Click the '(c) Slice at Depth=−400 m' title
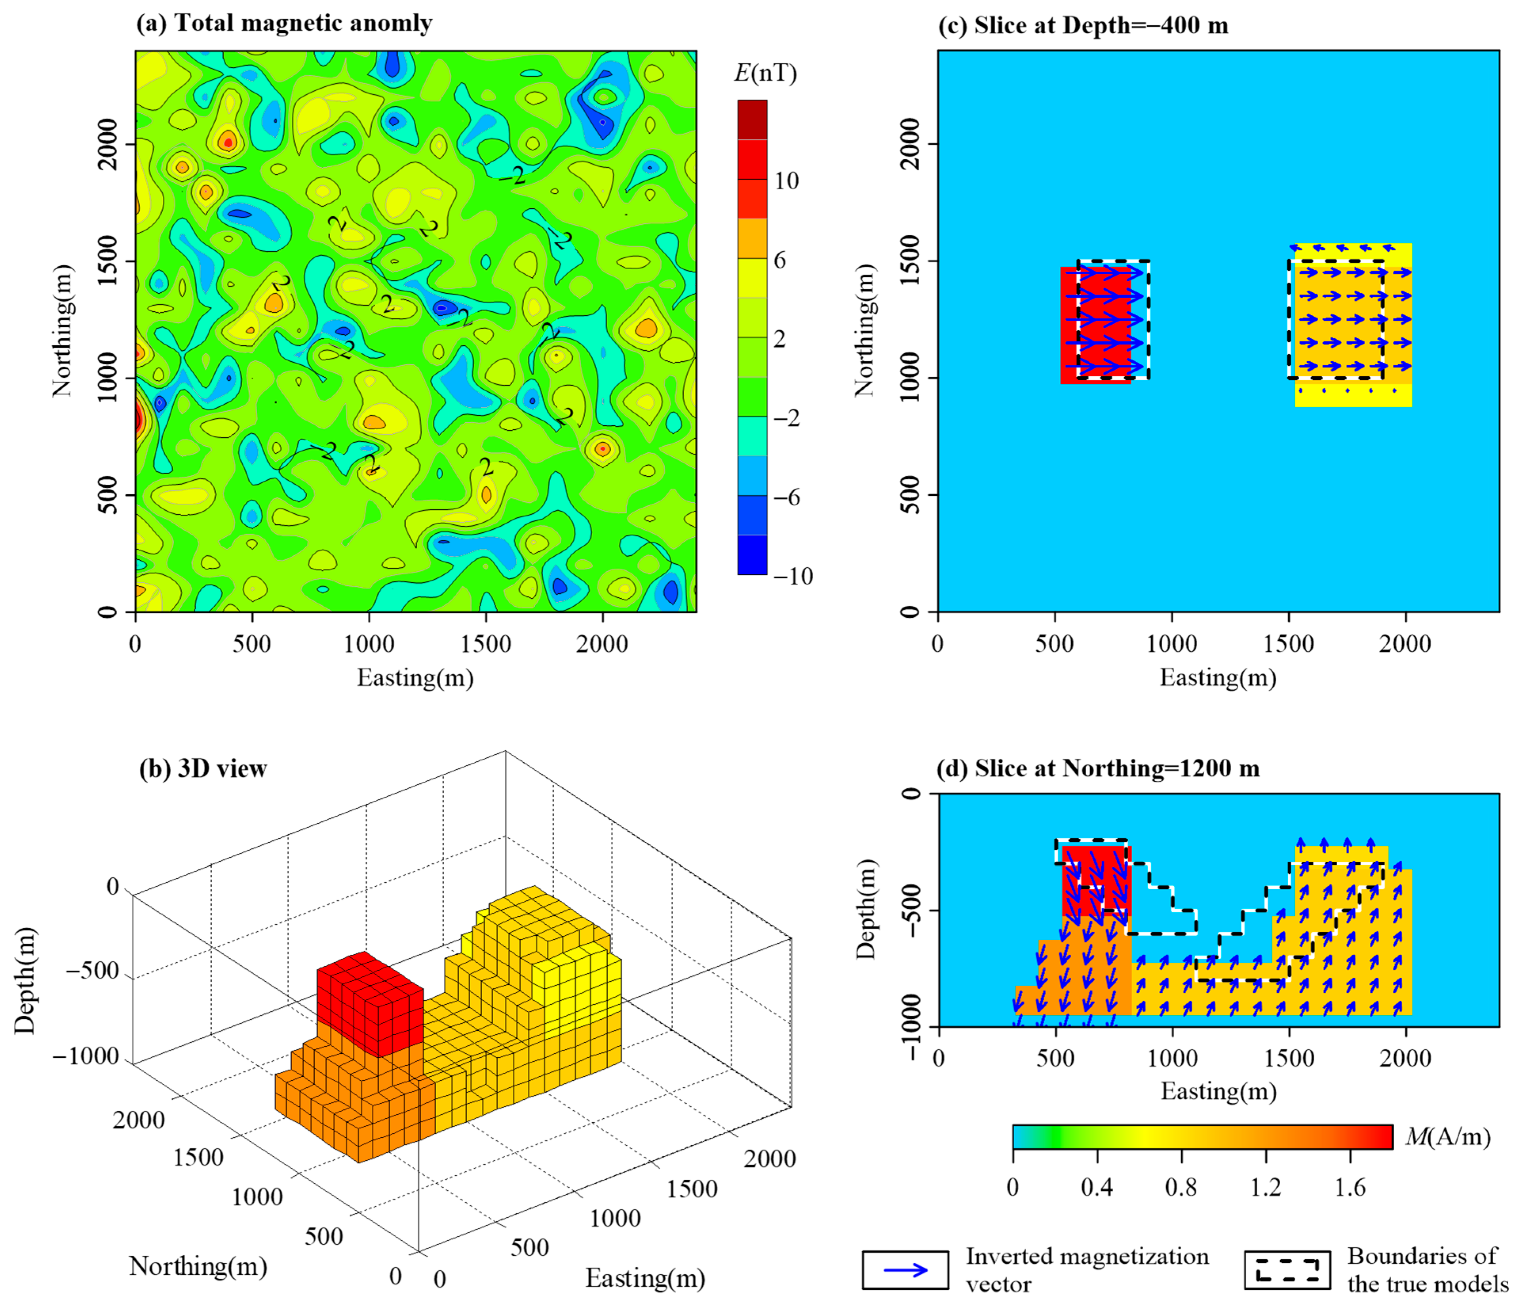[1083, 26]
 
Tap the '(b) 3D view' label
[203, 768]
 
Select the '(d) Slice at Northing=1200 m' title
[1098, 768]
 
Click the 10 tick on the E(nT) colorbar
[787, 180]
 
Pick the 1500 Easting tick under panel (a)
[485, 644]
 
